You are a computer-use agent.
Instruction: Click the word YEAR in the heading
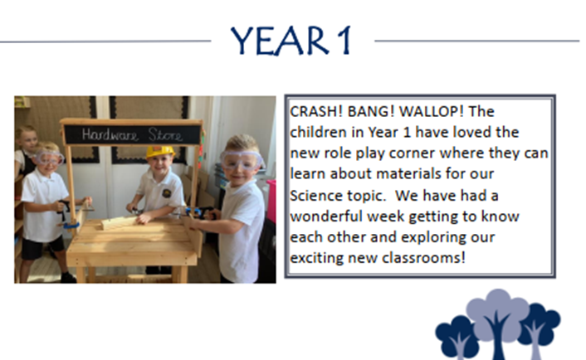click(280, 41)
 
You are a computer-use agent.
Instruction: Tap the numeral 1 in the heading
click(344, 41)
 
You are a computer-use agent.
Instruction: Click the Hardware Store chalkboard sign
click(132, 134)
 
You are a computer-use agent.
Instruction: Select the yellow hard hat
click(160, 151)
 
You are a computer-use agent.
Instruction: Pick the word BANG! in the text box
click(371, 111)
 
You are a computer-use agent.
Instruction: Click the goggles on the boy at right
click(240, 161)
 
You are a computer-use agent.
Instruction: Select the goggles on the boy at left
click(49, 158)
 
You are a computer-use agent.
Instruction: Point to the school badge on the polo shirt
click(166, 193)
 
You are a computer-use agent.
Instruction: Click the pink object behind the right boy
click(271, 201)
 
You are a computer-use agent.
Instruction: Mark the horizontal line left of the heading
click(105, 41)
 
